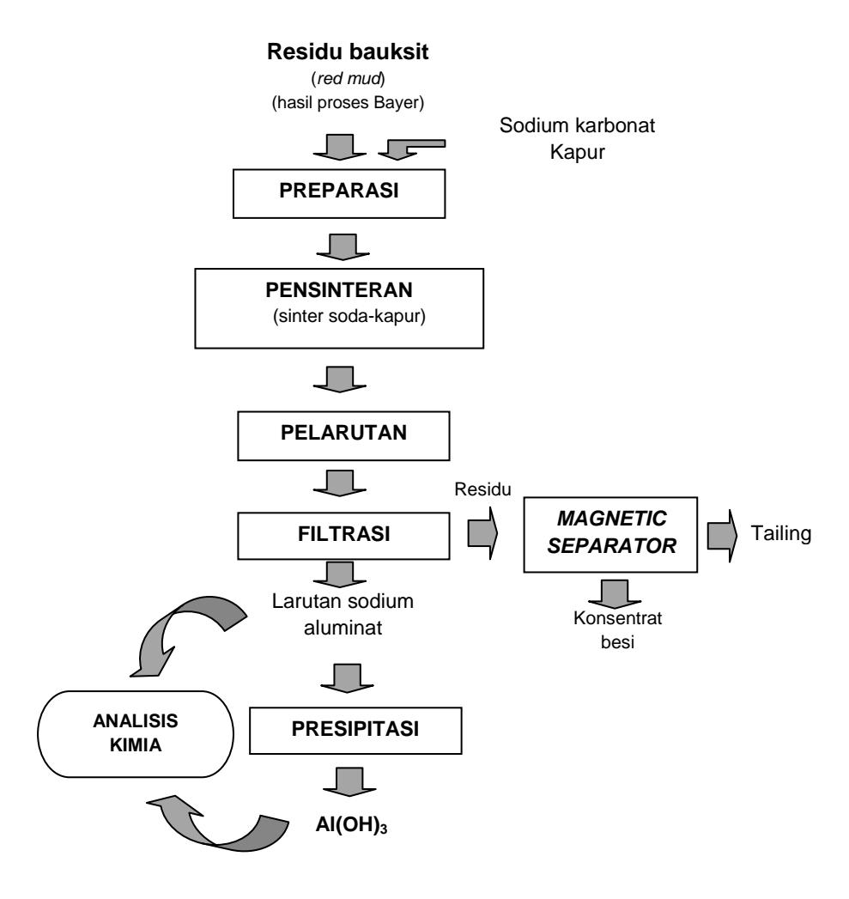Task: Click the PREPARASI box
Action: coord(339,193)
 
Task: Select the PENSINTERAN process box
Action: coord(339,308)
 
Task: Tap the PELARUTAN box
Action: coord(343,435)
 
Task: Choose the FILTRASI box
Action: coord(343,536)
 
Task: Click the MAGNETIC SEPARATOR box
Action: coord(610,534)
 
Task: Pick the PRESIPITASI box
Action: coord(355,730)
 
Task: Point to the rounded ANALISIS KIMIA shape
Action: coord(136,733)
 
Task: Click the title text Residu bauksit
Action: coord(348,52)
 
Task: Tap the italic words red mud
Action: coord(349,78)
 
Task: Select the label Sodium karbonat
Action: coord(577,125)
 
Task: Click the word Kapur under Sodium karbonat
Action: coord(577,152)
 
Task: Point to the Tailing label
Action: coord(781,533)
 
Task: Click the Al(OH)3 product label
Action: coord(351,824)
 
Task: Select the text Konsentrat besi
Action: coord(617,629)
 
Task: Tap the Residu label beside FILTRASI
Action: coord(482,489)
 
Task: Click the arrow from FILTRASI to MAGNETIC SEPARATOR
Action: coord(482,533)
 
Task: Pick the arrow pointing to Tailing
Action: coord(722,536)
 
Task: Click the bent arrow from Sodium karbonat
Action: coord(410,149)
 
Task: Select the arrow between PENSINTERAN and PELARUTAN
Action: coord(340,379)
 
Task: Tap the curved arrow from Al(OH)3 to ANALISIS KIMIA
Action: coord(218,831)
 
